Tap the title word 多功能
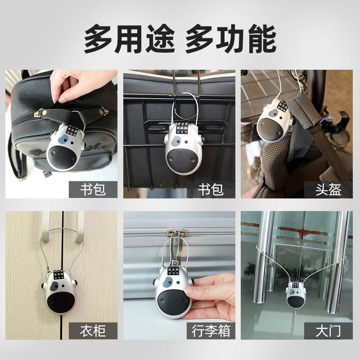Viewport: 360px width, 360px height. click(231, 39)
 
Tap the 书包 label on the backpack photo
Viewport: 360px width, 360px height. click(93, 189)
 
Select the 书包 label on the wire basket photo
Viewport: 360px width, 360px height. click(211, 189)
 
